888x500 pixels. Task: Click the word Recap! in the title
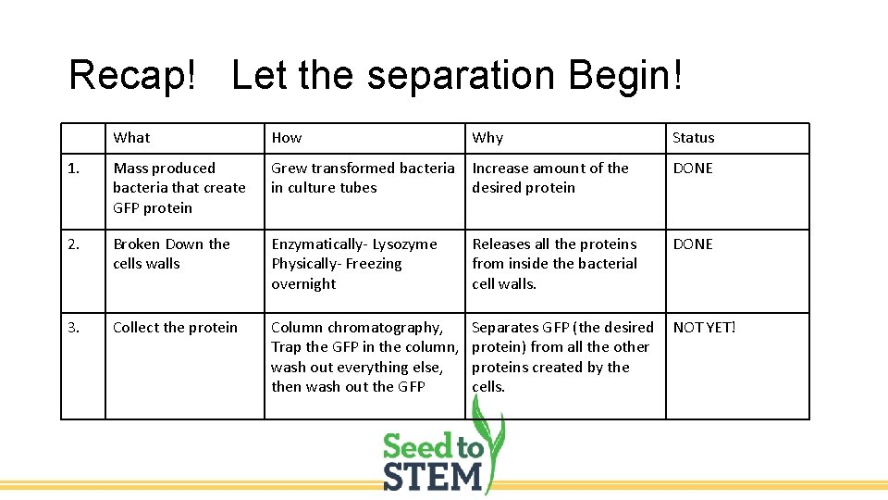132,75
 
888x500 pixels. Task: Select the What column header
131,138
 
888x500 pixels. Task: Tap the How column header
287,138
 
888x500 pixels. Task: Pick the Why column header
487,138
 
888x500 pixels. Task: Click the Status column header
693,138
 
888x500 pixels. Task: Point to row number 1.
74,169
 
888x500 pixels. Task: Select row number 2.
74,244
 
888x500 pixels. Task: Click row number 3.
74,328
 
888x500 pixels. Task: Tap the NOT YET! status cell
704,328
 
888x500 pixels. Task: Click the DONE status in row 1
693,169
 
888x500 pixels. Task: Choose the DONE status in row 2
693,244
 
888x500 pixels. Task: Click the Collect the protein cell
175,328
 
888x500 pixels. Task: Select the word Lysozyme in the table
403,244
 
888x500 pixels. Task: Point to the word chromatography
379,328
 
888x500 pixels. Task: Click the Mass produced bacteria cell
179,188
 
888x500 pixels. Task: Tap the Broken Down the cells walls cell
171,254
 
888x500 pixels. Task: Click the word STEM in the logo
433,476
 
